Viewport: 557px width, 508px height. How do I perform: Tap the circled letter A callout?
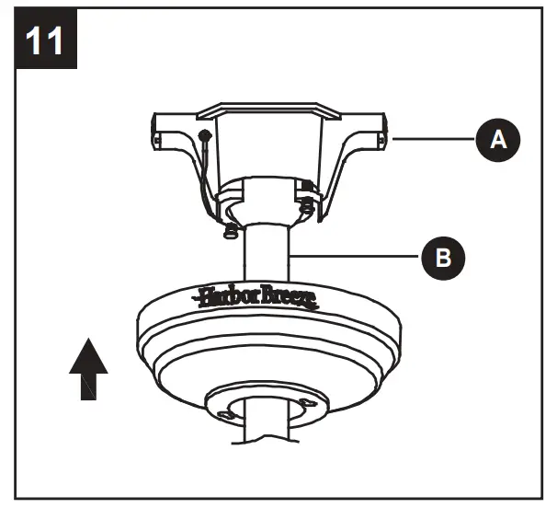click(x=497, y=139)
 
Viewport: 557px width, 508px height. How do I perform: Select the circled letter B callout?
click(x=443, y=257)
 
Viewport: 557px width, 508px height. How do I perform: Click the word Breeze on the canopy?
click(x=287, y=296)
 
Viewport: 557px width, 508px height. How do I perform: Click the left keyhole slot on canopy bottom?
click(x=226, y=415)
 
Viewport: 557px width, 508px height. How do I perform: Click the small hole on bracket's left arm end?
click(x=157, y=140)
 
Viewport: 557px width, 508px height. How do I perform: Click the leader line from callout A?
click(x=432, y=139)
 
